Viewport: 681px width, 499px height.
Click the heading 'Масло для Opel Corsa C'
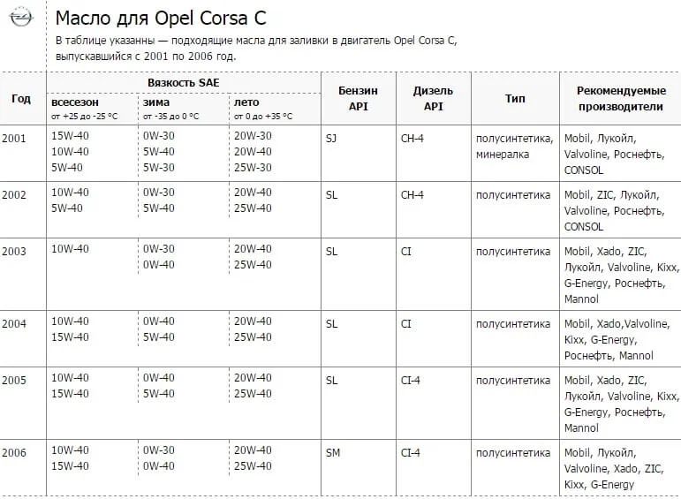(x=160, y=19)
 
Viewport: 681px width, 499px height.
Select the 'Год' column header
(x=21, y=98)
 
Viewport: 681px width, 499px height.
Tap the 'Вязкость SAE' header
(x=184, y=82)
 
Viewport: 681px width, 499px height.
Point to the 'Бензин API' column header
(x=358, y=98)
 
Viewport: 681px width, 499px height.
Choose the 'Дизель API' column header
(x=433, y=98)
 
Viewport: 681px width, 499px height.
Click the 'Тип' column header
(x=515, y=98)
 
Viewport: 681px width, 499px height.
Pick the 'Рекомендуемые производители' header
(x=619, y=98)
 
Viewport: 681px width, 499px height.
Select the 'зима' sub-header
(x=156, y=102)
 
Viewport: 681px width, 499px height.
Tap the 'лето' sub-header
(x=246, y=102)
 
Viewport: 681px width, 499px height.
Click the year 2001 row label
(x=14, y=139)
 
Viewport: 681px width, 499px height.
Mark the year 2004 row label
(x=14, y=324)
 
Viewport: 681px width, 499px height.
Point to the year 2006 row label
(x=14, y=453)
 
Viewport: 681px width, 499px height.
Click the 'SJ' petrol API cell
(x=331, y=139)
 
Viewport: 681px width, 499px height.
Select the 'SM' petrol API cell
(x=333, y=453)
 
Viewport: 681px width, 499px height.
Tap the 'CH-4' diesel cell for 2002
(x=412, y=194)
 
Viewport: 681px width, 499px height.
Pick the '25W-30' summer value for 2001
(x=253, y=168)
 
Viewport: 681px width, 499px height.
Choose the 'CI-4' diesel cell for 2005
(x=411, y=381)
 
